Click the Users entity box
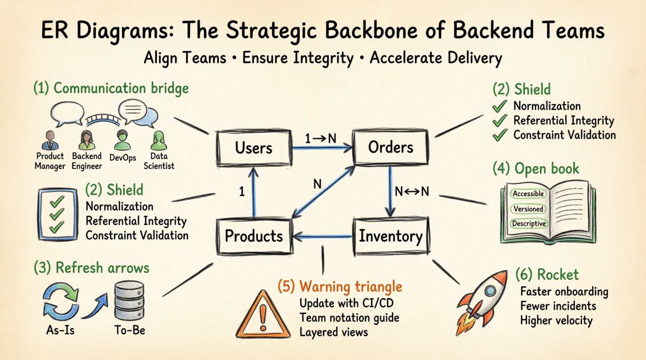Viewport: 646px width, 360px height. click(x=254, y=148)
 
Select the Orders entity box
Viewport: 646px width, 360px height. click(x=391, y=147)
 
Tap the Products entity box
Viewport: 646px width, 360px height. click(x=254, y=236)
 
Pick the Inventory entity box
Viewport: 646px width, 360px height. click(x=391, y=236)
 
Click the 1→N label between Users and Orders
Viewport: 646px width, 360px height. click(x=320, y=138)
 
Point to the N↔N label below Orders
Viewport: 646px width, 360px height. click(x=412, y=191)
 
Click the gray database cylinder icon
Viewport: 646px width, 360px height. click(x=129, y=301)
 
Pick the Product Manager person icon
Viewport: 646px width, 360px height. click(x=50, y=141)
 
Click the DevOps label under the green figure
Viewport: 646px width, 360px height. click(x=123, y=158)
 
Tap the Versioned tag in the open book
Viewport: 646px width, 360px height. click(x=528, y=209)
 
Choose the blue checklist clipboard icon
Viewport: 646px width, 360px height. click(x=57, y=215)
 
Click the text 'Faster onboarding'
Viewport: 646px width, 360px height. click(x=564, y=291)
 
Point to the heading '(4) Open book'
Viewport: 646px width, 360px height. click(x=536, y=169)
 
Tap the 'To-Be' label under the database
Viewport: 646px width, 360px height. click(x=130, y=330)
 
